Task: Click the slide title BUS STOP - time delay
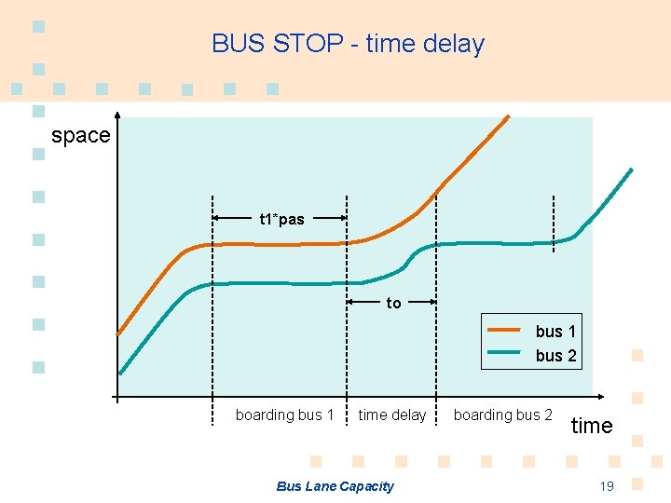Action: tap(348, 44)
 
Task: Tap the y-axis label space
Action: tap(80, 135)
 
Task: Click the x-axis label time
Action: tap(592, 426)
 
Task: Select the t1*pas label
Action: tap(281, 220)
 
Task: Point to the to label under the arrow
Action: tap(393, 303)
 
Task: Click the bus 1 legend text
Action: tap(555, 331)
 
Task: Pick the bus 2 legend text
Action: tap(555, 355)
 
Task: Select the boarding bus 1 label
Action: tap(284, 415)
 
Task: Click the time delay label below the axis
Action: tap(392, 415)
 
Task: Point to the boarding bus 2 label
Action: tap(502, 415)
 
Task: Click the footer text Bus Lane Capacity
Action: tap(335, 485)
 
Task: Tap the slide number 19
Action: tap(607, 485)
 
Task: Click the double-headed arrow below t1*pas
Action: tap(280, 218)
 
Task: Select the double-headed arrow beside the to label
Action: tap(391, 301)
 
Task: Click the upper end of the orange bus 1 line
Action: tap(509, 116)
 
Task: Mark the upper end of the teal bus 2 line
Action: tap(631, 170)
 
